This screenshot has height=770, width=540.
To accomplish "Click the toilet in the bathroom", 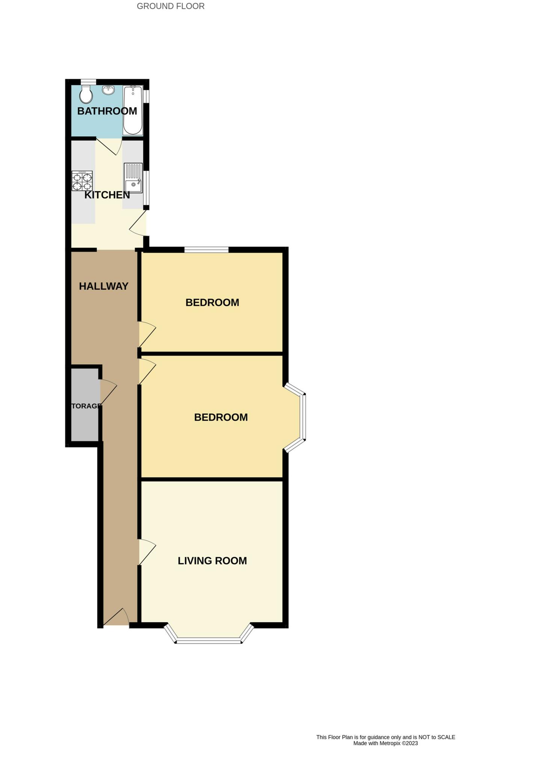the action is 86,94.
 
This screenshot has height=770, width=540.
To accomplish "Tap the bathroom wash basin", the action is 109,90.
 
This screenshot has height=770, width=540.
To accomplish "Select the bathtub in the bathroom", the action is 133,110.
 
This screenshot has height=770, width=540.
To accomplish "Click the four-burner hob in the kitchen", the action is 82,181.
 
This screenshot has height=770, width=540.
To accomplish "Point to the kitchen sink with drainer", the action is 133,177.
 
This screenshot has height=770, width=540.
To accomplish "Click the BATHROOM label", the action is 107,111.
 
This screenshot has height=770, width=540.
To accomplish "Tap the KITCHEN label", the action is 107,195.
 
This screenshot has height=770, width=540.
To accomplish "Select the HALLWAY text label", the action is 104,286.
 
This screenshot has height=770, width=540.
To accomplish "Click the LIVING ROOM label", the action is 212,561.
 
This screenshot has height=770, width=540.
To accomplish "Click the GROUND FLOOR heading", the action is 170,6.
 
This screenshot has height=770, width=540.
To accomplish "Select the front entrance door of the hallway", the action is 116,617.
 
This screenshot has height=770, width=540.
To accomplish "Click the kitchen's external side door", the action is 138,223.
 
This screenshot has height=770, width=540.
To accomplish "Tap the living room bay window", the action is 208,635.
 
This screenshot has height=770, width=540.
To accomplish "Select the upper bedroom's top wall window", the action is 206,250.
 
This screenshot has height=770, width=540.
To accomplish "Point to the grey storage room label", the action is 86,406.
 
